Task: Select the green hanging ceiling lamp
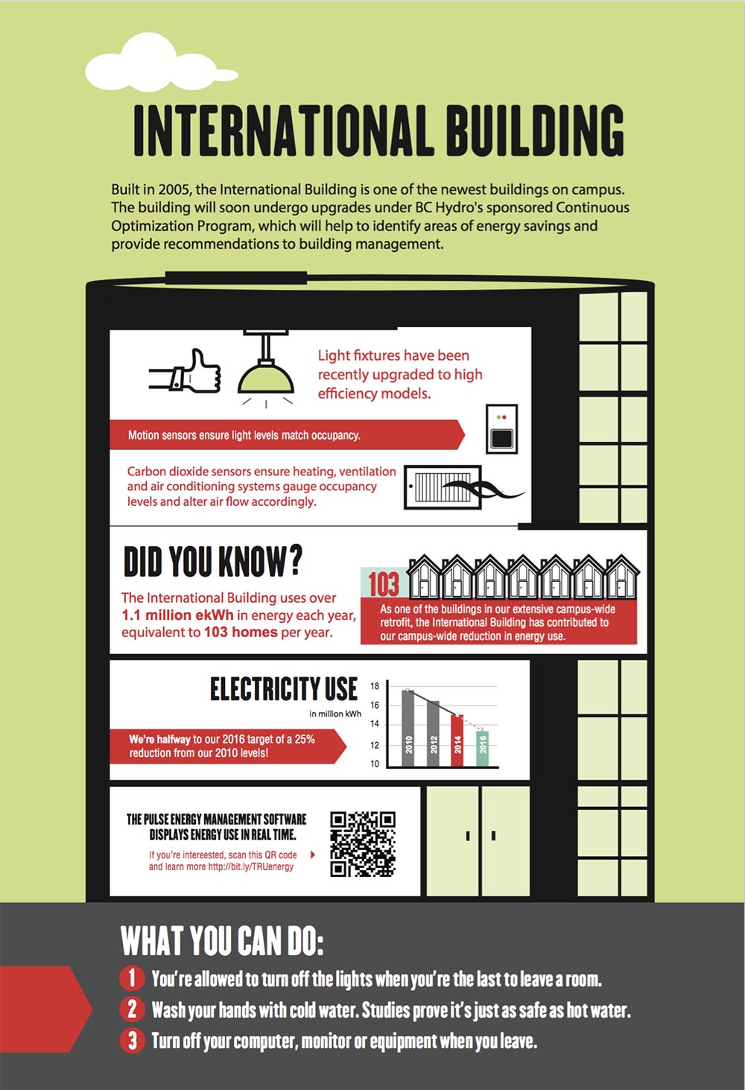pos(266,370)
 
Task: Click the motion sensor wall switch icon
pos(501,429)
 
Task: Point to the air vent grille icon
pos(443,487)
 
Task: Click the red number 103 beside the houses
pos(384,584)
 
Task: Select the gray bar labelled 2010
pos(408,728)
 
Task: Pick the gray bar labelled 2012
pos(433,734)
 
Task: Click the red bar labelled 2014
pos(457,741)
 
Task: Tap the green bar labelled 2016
pos(482,749)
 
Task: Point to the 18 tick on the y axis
pos(375,686)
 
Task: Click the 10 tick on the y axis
pos(375,764)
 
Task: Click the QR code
pos(363,844)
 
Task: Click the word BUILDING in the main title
pos(535,130)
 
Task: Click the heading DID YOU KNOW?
pos(212,561)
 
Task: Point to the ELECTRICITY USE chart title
pos(284,688)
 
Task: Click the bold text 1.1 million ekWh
pos(177,615)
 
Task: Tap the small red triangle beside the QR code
pos(313,854)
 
